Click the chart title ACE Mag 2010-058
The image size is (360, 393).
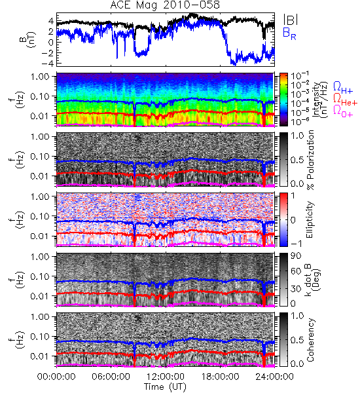point(165,5)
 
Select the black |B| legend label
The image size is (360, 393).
point(291,20)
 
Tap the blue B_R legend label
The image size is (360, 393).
point(289,33)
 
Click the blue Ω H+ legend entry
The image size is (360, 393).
point(343,88)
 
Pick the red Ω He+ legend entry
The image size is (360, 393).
point(345,100)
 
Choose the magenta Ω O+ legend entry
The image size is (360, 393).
point(343,111)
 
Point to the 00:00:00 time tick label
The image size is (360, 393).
point(56,377)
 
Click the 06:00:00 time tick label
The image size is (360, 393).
point(111,377)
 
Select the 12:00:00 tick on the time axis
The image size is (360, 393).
point(166,377)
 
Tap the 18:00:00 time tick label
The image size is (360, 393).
point(220,377)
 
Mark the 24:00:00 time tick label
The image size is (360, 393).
point(274,377)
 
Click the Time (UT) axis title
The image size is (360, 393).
point(165,387)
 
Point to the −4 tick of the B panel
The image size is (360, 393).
point(47,63)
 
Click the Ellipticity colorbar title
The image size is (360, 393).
point(310,220)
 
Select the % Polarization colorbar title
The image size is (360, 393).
point(310,160)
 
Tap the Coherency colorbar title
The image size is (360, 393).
point(310,340)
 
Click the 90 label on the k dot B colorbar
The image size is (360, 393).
point(295,256)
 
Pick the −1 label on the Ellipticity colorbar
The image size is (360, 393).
point(297,244)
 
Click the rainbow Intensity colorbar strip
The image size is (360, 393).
point(283,100)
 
